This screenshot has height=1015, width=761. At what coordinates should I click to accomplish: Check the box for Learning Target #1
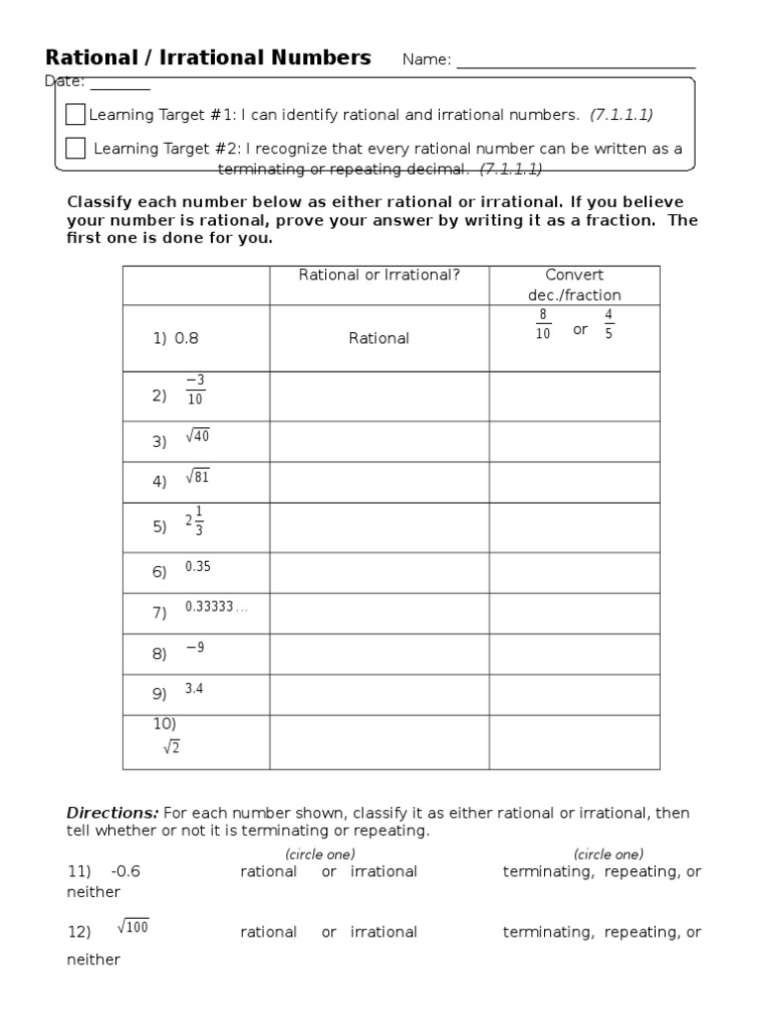click(75, 114)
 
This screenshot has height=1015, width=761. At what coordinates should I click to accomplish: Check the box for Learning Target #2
click(75, 149)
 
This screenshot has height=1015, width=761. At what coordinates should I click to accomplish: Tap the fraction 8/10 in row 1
click(542, 324)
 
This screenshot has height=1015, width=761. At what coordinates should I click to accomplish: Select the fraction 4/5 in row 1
click(608, 324)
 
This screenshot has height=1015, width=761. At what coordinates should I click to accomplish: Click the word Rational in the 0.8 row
click(379, 339)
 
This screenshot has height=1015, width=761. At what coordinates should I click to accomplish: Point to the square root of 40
click(197, 437)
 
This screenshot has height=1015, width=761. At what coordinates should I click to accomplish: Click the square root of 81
click(197, 478)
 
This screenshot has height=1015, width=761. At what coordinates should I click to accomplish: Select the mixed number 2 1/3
click(194, 521)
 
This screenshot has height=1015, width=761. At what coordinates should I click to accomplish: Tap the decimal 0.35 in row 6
click(197, 567)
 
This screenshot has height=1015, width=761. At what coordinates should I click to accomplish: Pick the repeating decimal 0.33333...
click(215, 607)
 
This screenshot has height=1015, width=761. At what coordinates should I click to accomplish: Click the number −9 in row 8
click(194, 647)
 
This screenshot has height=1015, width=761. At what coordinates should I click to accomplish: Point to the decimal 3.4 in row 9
click(193, 689)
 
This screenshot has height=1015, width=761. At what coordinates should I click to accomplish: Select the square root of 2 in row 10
click(171, 747)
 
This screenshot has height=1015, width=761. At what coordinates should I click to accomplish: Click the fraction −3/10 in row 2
click(194, 391)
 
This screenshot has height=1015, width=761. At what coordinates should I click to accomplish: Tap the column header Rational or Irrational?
click(379, 276)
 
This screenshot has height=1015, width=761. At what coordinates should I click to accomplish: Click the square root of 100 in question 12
click(133, 928)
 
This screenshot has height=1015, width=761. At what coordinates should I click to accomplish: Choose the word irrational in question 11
click(383, 872)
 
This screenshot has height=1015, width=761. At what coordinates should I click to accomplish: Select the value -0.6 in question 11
click(126, 872)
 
